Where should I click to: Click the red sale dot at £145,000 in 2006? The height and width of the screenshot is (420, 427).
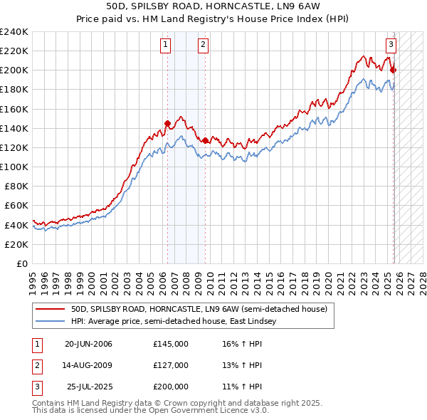pos(167,123)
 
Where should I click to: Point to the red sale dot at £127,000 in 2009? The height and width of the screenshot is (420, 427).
pos(205,140)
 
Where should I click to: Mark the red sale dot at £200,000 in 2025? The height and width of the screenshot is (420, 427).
pos(394,70)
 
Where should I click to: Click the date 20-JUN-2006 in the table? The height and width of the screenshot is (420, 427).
pos(88,345)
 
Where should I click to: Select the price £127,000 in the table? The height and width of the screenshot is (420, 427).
pos(171,365)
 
